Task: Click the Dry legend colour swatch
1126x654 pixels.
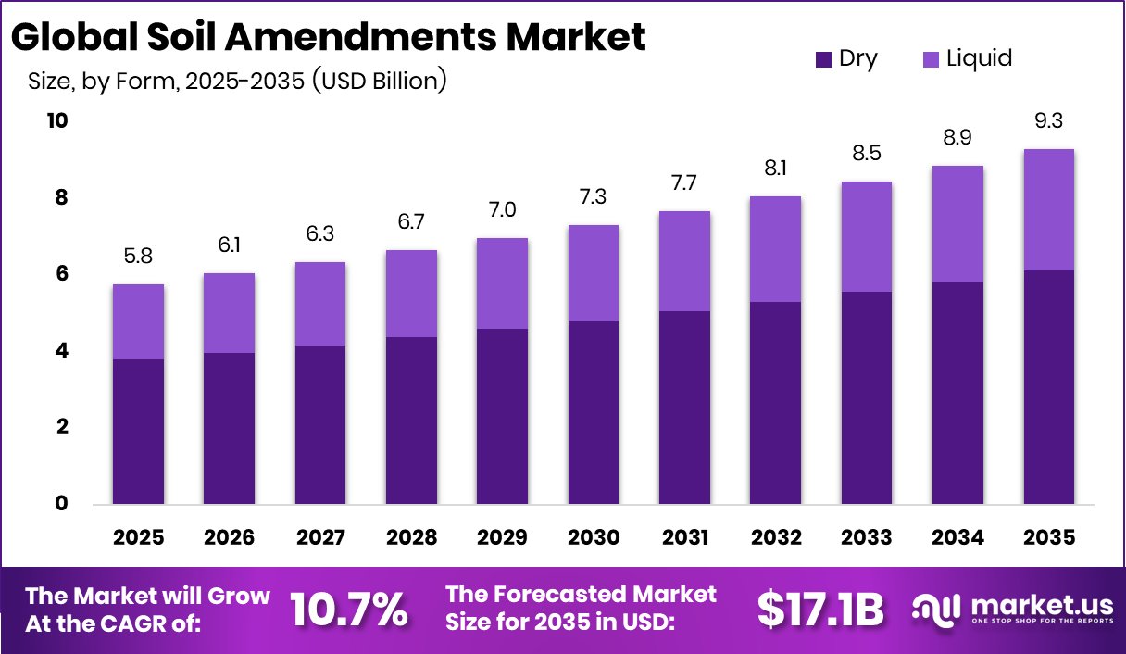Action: point(823,60)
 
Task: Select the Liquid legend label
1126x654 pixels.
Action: point(979,59)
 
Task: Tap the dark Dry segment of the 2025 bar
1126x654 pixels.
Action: point(138,431)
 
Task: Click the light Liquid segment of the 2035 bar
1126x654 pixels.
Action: point(1049,209)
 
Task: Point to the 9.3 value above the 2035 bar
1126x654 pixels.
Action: point(1049,120)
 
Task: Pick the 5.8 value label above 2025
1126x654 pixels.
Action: point(138,256)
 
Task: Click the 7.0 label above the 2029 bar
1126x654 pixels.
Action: point(502,209)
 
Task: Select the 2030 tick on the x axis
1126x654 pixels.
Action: point(593,537)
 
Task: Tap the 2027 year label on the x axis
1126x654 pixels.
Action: point(319,537)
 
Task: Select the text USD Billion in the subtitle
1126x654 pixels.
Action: point(379,82)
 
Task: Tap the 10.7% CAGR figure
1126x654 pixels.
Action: point(348,609)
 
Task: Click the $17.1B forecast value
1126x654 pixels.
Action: point(819,609)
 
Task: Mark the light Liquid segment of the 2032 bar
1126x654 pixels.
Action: point(775,249)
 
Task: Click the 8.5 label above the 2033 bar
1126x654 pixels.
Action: point(866,153)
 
